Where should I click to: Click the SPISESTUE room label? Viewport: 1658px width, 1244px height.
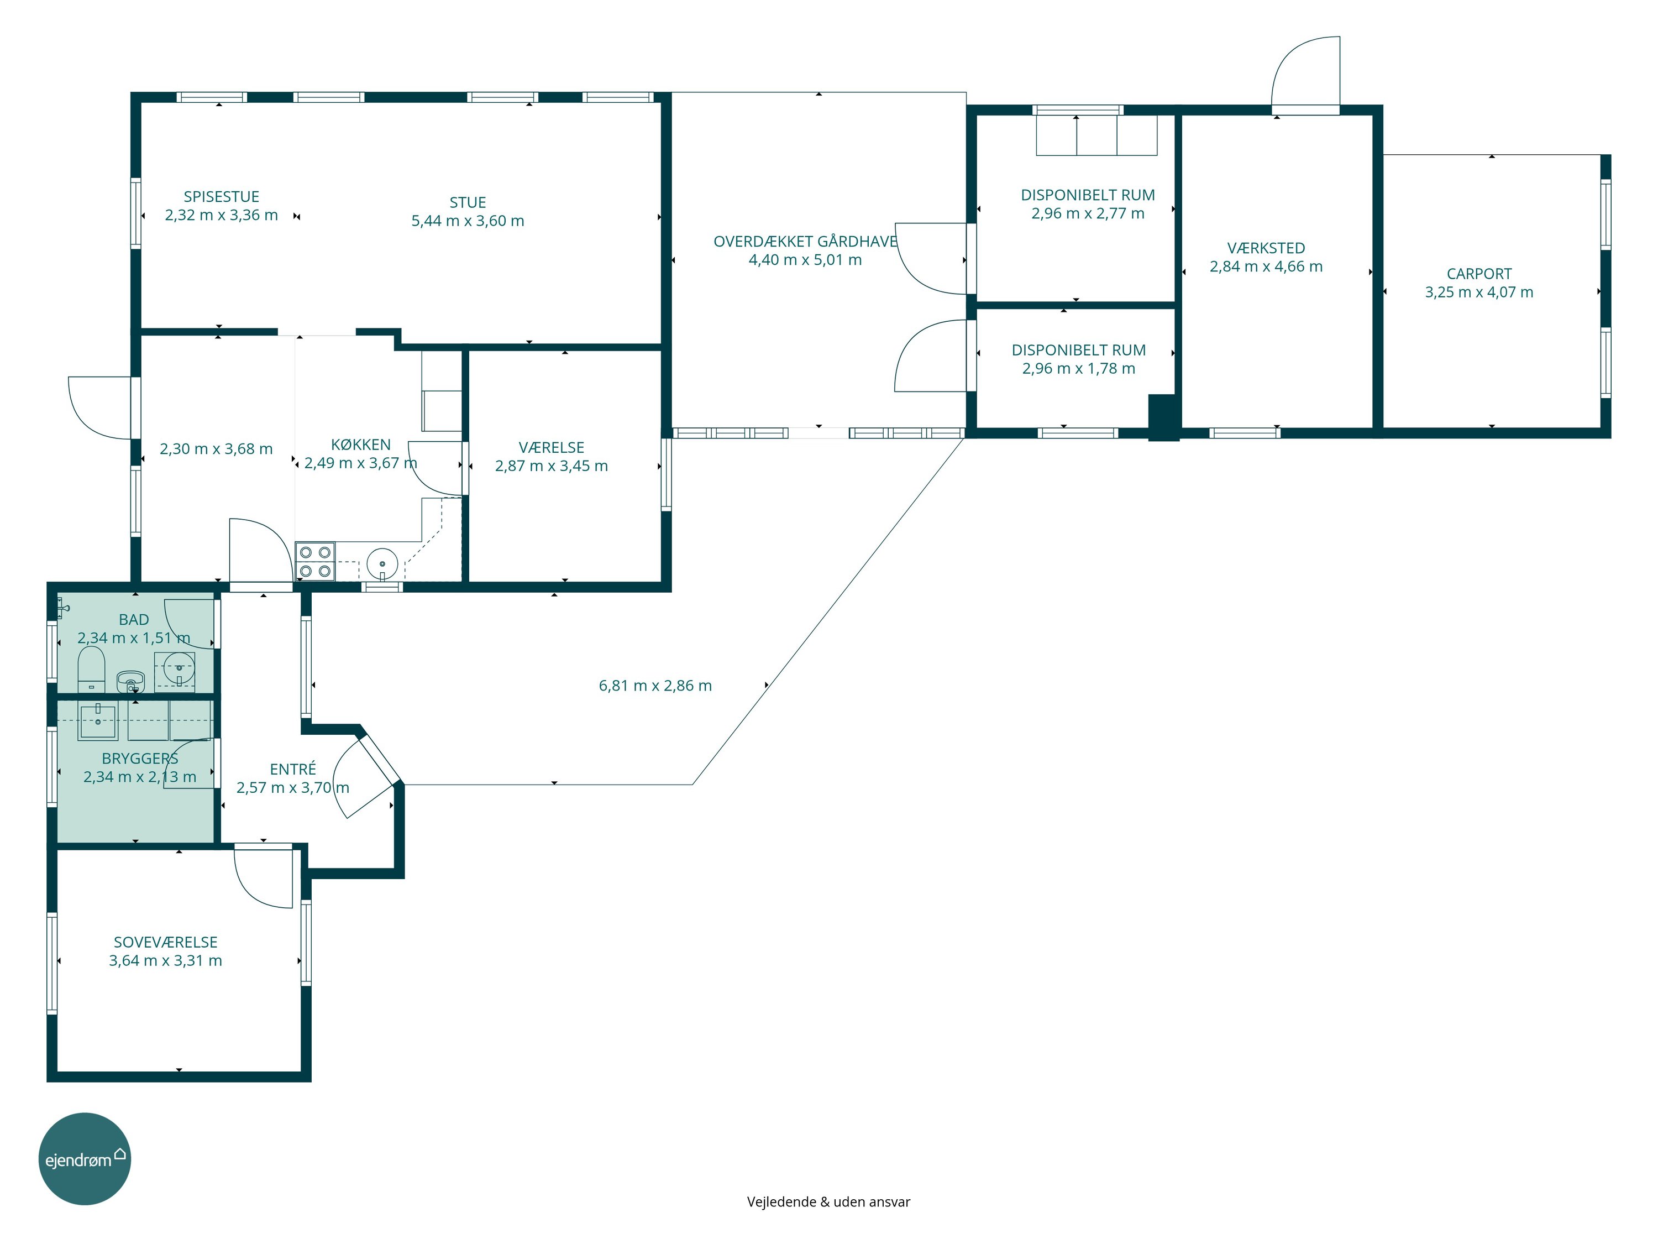[x=221, y=196]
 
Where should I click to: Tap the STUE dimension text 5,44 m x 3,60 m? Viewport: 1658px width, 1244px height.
[x=468, y=221]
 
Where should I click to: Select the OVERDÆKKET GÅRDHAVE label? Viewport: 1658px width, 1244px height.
[x=805, y=242]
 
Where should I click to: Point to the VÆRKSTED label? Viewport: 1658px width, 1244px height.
[x=1266, y=248]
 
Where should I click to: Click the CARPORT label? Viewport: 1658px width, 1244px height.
[x=1479, y=274]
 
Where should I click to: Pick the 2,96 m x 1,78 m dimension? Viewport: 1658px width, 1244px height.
[x=1079, y=369]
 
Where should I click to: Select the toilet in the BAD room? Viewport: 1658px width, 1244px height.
[x=91, y=670]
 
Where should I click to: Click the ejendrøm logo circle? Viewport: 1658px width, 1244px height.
[x=85, y=1159]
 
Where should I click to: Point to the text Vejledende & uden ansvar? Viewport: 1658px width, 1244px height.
[x=828, y=1202]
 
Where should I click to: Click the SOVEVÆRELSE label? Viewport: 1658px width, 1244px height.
[x=166, y=943]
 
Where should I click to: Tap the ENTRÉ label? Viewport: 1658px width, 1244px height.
[x=293, y=770]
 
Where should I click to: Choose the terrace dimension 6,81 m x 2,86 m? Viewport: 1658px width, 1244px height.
[x=655, y=686]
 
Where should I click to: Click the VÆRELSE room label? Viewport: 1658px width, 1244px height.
[x=551, y=448]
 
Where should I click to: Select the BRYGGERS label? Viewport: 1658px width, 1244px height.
[x=140, y=759]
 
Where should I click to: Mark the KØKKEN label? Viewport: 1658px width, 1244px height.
[x=360, y=445]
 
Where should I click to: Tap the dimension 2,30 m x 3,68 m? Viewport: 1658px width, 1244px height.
[x=216, y=449]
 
